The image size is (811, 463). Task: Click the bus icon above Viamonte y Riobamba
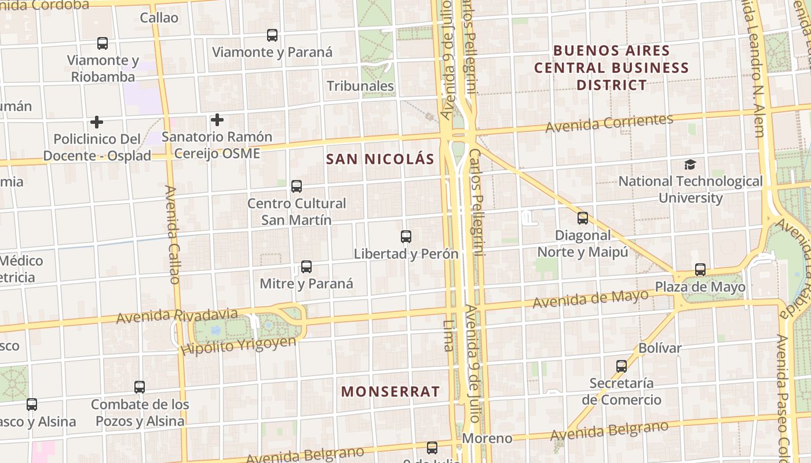click(x=103, y=43)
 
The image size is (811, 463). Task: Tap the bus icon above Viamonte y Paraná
click(x=272, y=35)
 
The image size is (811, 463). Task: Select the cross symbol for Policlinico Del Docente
click(x=97, y=122)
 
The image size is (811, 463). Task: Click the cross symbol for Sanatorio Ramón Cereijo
click(x=217, y=120)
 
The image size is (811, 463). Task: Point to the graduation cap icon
click(x=690, y=165)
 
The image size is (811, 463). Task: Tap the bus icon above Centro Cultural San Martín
click(x=297, y=186)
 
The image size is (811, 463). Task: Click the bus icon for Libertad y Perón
click(x=406, y=237)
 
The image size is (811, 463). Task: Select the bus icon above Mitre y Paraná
click(x=306, y=267)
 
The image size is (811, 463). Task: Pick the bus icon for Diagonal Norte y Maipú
click(x=583, y=218)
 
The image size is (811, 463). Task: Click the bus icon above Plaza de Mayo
click(x=700, y=270)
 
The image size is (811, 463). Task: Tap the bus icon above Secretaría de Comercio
click(x=622, y=366)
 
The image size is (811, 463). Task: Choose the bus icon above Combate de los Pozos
click(x=140, y=387)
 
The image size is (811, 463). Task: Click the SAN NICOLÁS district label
click(x=380, y=159)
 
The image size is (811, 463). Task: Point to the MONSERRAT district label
click(x=390, y=392)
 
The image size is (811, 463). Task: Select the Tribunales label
click(x=360, y=86)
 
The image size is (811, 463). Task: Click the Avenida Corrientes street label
click(x=609, y=123)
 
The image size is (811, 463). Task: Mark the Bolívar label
click(x=660, y=348)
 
